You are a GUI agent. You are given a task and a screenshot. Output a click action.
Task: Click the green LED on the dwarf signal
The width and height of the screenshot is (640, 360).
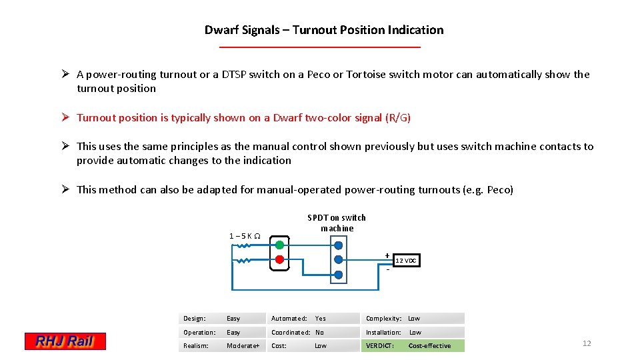click(x=279, y=245)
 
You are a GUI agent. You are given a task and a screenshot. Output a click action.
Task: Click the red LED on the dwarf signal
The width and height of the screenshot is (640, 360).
click(x=279, y=259)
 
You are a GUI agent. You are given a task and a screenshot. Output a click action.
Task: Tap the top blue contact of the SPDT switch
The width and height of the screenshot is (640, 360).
click(x=338, y=245)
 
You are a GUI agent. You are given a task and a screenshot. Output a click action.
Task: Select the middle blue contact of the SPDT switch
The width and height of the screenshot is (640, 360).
click(x=338, y=259)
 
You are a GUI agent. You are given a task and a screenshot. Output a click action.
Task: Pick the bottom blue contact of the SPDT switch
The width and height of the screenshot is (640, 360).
click(x=338, y=274)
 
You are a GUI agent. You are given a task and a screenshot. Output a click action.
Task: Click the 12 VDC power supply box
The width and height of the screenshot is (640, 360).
click(x=406, y=261)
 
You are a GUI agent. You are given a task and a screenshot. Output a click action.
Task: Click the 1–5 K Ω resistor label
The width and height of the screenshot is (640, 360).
click(x=245, y=235)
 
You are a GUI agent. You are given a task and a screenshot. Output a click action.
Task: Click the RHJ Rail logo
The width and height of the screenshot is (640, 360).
click(x=65, y=341)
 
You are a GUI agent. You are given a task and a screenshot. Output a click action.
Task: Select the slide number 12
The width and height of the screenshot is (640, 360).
click(x=587, y=343)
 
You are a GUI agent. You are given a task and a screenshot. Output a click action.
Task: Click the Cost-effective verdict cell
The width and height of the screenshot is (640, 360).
click(x=429, y=345)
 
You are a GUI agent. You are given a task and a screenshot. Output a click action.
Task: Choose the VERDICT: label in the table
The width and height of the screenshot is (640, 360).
click(x=379, y=345)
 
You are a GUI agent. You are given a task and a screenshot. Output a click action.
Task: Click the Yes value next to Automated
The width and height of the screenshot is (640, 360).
click(x=321, y=318)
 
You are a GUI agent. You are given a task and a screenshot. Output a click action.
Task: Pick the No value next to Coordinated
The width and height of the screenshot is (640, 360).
click(x=319, y=332)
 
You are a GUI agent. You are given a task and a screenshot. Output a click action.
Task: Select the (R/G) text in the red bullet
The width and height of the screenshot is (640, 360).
click(x=398, y=118)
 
